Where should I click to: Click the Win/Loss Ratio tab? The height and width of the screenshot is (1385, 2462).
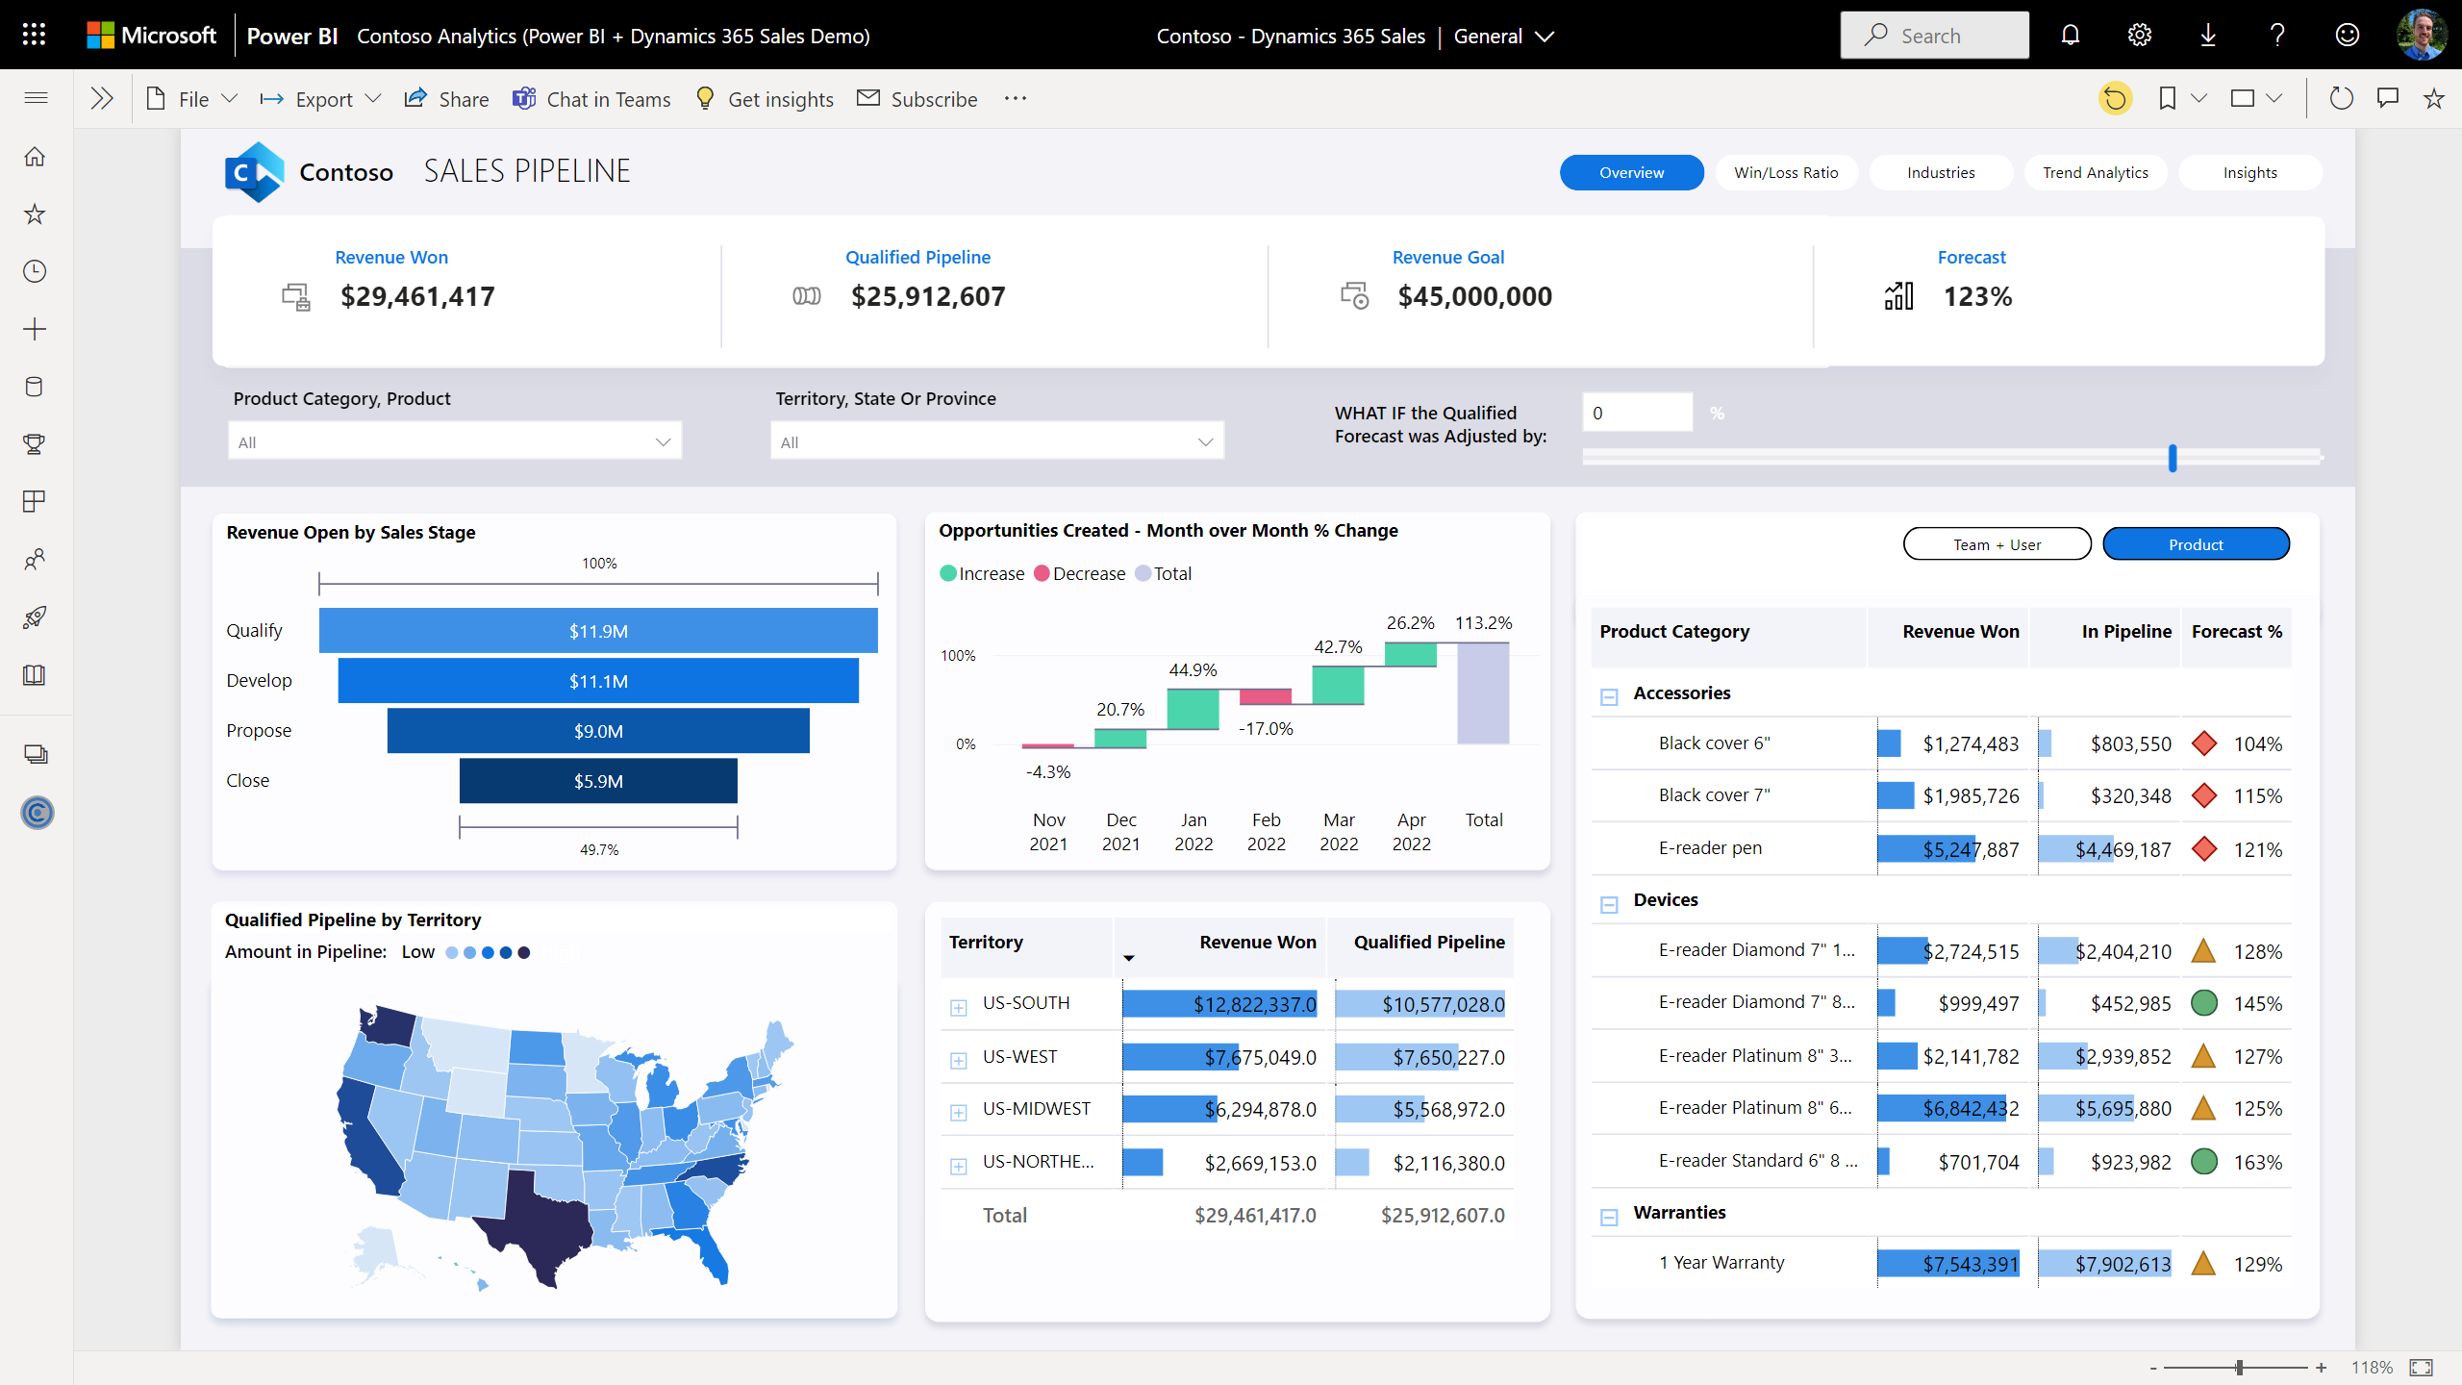coord(1786,173)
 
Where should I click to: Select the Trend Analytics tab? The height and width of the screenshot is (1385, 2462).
coord(2095,173)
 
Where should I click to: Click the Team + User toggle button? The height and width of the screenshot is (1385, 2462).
coord(1997,544)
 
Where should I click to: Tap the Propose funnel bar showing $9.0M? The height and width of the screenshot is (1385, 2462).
coord(598,731)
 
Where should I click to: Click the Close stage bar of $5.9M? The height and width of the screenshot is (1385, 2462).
coord(598,781)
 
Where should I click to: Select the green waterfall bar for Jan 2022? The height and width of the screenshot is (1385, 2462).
coord(1193,709)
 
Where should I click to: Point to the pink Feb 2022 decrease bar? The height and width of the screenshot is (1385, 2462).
coord(1266,696)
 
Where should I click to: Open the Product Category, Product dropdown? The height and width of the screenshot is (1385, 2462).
coord(454,441)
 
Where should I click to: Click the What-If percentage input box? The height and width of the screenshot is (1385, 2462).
coord(1637,413)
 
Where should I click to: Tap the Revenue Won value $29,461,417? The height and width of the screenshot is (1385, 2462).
coord(417,296)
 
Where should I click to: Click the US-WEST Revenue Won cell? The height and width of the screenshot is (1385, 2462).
coord(1219,1057)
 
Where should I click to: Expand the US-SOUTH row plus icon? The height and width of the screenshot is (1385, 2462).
coord(959,1007)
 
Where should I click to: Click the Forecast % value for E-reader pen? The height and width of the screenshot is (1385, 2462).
coord(2257,850)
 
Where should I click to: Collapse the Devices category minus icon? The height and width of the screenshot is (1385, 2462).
coord(1609,904)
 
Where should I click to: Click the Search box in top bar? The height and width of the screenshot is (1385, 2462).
coord(1934,36)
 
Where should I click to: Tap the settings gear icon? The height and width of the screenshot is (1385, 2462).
coord(2139,36)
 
